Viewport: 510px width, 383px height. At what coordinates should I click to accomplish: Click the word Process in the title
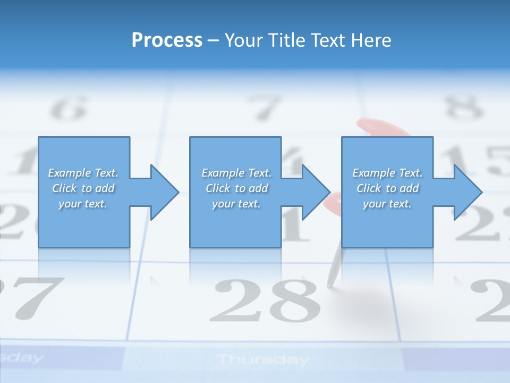(x=167, y=40)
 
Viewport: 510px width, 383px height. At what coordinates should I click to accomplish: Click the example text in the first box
(x=83, y=188)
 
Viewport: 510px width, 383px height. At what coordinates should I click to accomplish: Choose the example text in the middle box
(x=236, y=188)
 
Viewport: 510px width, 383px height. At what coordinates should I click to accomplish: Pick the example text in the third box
(x=387, y=188)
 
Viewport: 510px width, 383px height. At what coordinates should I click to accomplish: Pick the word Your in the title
(x=244, y=40)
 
